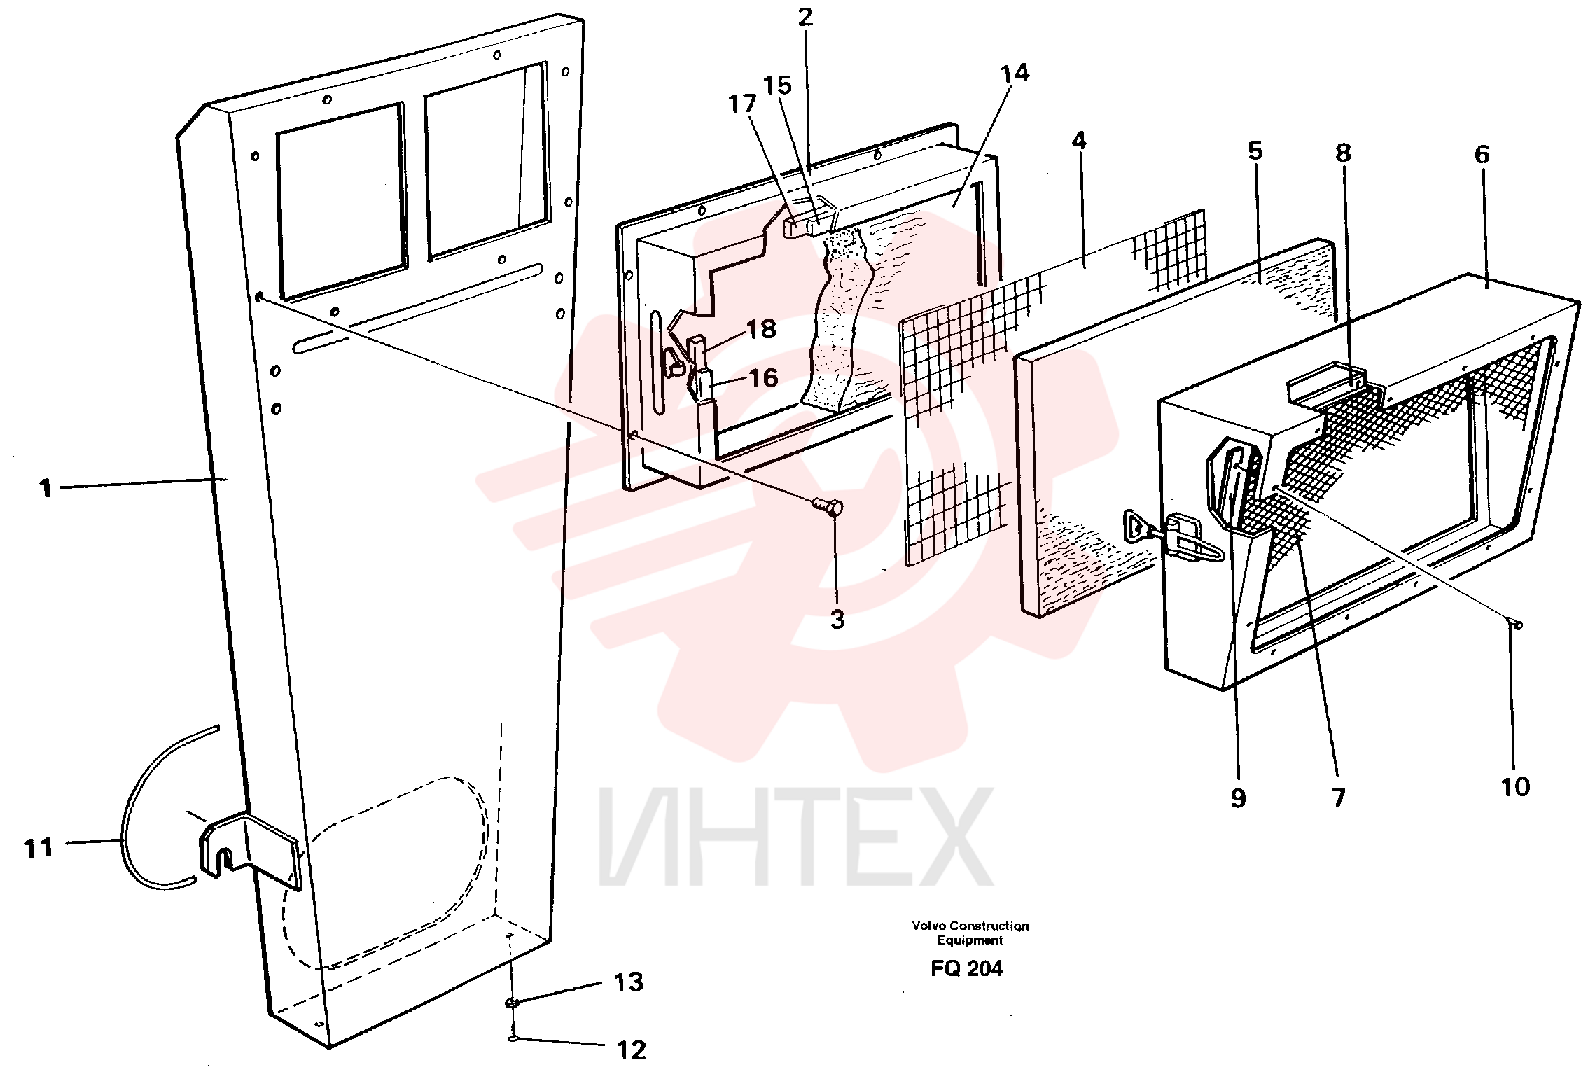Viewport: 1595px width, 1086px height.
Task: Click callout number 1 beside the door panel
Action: click(x=46, y=488)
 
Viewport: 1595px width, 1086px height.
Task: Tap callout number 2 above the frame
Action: click(x=805, y=17)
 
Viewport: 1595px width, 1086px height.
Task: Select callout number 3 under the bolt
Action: click(x=837, y=619)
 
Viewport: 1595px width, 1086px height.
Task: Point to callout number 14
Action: click(x=1015, y=73)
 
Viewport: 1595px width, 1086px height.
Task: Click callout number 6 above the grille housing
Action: click(x=1482, y=154)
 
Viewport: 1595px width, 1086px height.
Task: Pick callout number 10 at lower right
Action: click(x=1515, y=787)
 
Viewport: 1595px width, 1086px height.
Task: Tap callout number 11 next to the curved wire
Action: click(x=39, y=848)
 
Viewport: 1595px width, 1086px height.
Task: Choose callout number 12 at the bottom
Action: click(x=631, y=1050)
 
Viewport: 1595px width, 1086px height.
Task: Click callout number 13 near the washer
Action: click(x=628, y=982)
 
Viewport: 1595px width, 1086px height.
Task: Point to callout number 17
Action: click(x=742, y=104)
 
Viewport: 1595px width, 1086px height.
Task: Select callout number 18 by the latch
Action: click(x=762, y=329)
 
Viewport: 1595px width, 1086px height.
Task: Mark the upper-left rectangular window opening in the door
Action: click(x=341, y=202)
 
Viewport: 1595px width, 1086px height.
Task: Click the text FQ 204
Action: click(x=966, y=968)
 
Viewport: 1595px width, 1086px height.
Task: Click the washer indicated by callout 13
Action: click(x=513, y=1004)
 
